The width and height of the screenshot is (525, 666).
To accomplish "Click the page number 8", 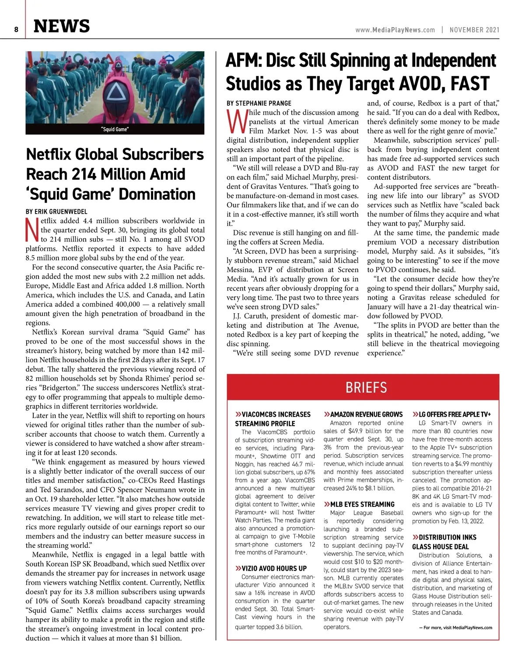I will point(16,30).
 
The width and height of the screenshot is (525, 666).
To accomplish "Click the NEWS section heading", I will point(62,26).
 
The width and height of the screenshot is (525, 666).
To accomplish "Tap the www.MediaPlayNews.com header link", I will point(395,30).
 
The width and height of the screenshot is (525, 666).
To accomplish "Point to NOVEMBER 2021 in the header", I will point(474,30).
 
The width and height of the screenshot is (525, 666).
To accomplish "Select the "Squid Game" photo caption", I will point(115,130).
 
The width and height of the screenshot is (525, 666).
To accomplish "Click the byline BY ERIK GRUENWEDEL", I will point(56,212).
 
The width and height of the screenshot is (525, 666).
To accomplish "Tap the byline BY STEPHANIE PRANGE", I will point(259,103).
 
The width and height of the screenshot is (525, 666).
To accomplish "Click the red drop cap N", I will point(32,230).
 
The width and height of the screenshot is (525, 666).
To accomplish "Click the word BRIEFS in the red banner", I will point(366,388).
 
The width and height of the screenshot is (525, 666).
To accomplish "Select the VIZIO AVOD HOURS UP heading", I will point(274,568).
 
